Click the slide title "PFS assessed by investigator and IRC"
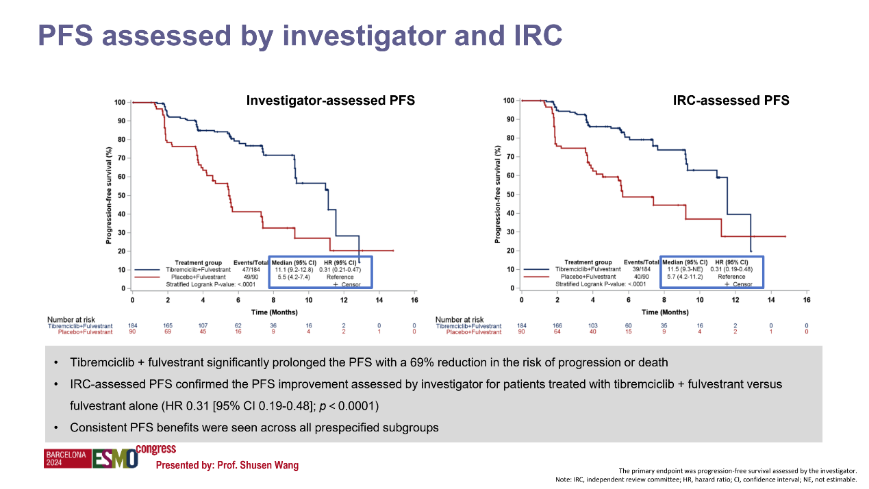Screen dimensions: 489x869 tap(300, 35)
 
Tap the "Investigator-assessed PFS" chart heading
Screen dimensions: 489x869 tap(330, 101)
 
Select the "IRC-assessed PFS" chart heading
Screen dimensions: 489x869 tap(731, 101)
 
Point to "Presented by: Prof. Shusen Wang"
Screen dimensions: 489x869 tap(227, 466)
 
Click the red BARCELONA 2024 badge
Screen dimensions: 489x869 tap(67, 459)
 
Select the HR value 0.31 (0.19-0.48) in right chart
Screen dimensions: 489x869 tap(731, 269)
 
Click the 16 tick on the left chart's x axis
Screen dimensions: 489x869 tap(414, 301)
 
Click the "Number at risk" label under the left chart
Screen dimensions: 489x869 tap(69, 320)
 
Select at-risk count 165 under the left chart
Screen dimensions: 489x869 tap(168, 326)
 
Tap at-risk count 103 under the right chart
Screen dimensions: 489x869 tap(593, 326)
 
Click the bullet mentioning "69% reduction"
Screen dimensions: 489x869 tap(368, 362)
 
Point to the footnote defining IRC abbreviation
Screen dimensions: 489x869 tap(706, 479)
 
